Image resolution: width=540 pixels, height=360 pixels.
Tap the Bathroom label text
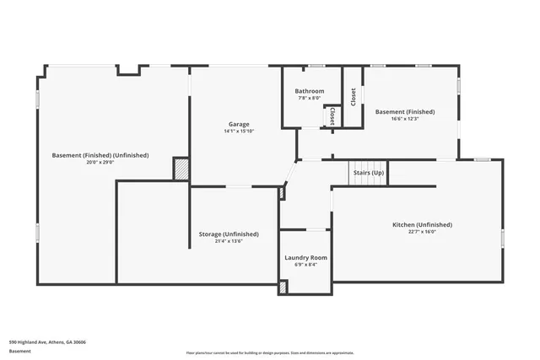[x=309, y=91]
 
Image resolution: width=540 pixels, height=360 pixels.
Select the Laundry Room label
[x=305, y=257]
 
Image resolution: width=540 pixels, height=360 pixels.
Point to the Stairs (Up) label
[x=368, y=173]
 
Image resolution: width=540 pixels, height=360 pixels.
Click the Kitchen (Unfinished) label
[x=422, y=224]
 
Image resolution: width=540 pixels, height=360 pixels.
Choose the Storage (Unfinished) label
[x=229, y=234]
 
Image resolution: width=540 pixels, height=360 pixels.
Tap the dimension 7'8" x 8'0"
[x=309, y=98]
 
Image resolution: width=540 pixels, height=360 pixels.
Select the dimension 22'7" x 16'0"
[x=422, y=232]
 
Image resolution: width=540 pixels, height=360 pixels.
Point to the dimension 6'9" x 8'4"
[x=305, y=265]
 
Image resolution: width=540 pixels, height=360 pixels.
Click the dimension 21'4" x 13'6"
[x=229, y=241]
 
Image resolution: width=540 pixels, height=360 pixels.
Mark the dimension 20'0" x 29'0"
[x=100, y=163]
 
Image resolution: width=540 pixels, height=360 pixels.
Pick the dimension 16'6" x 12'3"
[x=405, y=119]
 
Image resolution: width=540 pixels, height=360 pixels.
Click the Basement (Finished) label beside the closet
[x=405, y=111]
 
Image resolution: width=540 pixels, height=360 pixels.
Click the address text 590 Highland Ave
[x=47, y=342]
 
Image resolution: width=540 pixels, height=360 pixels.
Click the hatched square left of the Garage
[x=181, y=168]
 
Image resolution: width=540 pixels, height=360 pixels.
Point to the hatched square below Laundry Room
[x=283, y=287]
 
